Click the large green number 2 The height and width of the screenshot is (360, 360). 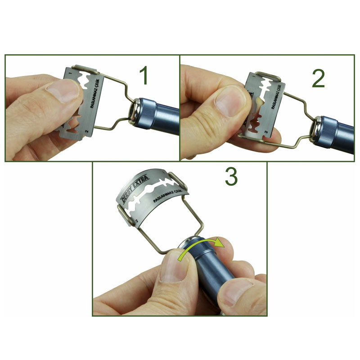pyautogui.click(x=318, y=78)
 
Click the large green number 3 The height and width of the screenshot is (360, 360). pyautogui.click(x=231, y=178)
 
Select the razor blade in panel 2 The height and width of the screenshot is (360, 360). pyautogui.click(x=265, y=106)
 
